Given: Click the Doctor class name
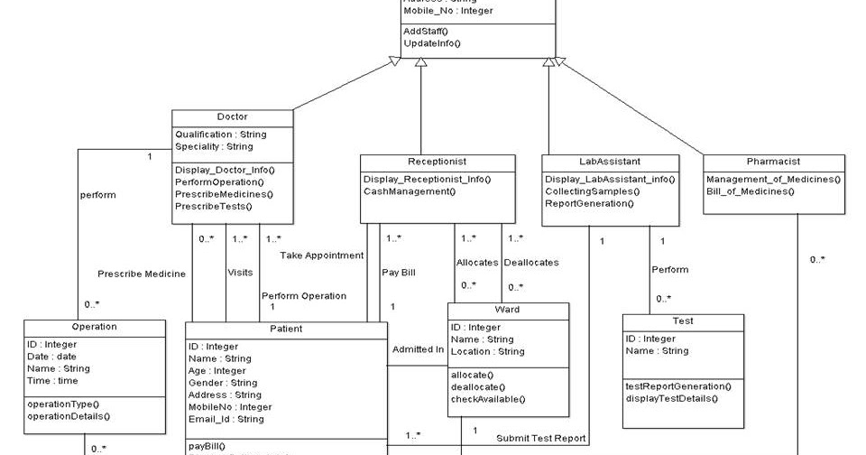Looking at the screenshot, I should point(232,117).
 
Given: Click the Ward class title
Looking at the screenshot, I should point(508,310).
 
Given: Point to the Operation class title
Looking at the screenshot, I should point(94,327).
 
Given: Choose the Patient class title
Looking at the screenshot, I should point(286,329).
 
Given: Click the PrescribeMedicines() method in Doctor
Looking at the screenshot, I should point(224,194).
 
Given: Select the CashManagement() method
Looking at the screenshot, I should point(410,191).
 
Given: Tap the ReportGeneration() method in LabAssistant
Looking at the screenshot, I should point(589,203).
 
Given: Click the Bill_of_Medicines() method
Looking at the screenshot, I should point(751,191).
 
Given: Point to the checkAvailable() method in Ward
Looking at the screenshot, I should point(487,399).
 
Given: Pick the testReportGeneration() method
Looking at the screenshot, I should point(678,386).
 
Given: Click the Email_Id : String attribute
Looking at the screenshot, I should point(226,420).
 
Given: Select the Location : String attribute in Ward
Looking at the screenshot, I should point(487,351).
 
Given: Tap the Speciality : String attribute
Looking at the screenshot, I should point(214,146).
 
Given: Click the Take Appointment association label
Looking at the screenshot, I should point(321,255).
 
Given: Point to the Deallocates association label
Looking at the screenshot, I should point(530,263).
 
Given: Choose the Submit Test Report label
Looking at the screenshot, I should point(541,439).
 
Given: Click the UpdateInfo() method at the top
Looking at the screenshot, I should point(432,43).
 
